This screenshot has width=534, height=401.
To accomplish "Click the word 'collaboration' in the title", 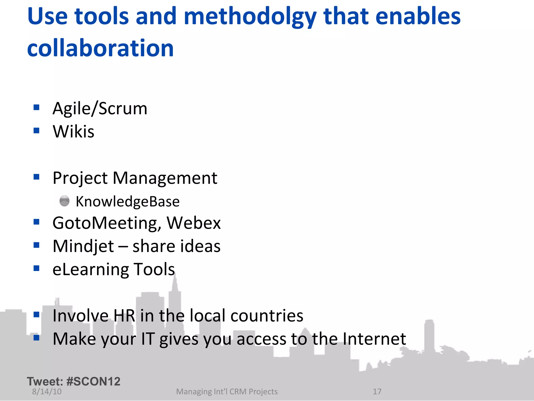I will click(100, 48).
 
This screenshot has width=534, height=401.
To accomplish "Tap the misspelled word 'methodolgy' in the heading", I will click(250, 17).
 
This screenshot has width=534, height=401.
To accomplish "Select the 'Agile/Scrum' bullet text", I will click(100, 108).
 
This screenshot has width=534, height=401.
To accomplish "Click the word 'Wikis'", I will click(74, 131).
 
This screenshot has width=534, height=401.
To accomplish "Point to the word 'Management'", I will click(165, 178).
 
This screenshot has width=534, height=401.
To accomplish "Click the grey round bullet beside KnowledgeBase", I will click(64, 201).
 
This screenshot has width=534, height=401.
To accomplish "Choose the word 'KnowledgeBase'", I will click(128, 202).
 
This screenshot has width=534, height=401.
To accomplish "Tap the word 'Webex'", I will click(194, 223).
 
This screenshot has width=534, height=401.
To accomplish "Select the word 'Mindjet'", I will click(83, 246).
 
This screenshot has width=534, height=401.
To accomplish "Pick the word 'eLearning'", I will click(90, 269).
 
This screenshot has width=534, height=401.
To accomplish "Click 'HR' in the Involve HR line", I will click(124, 316).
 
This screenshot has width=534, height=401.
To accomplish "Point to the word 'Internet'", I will click(374, 339).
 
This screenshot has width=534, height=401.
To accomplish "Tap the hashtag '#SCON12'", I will click(93, 381).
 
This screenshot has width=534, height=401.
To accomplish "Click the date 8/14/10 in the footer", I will click(47, 392).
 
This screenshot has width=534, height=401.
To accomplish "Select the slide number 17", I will click(377, 392).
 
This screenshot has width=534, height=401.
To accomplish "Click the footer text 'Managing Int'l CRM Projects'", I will click(227, 392).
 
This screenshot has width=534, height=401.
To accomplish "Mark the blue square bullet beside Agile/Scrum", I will click(37, 107).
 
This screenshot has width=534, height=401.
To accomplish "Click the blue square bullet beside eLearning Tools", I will click(37, 268).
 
